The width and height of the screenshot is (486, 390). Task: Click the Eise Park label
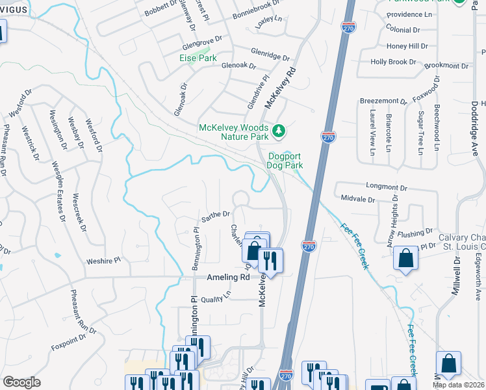coord(198,58)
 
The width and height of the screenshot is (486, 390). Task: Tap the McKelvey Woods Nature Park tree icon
coord(279,132)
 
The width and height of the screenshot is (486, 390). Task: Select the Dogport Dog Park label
coord(285,161)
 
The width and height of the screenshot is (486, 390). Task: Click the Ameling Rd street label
coord(228,277)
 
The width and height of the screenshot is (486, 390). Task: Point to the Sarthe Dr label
coord(216,214)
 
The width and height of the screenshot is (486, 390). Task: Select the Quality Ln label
coord(216,297)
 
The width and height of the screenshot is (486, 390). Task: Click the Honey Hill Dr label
coord(407,46)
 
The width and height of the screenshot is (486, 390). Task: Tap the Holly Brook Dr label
coord(393,62)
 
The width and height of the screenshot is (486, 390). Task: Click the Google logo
coord(21,382)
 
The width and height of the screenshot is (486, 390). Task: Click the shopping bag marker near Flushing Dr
coord(406,258)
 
